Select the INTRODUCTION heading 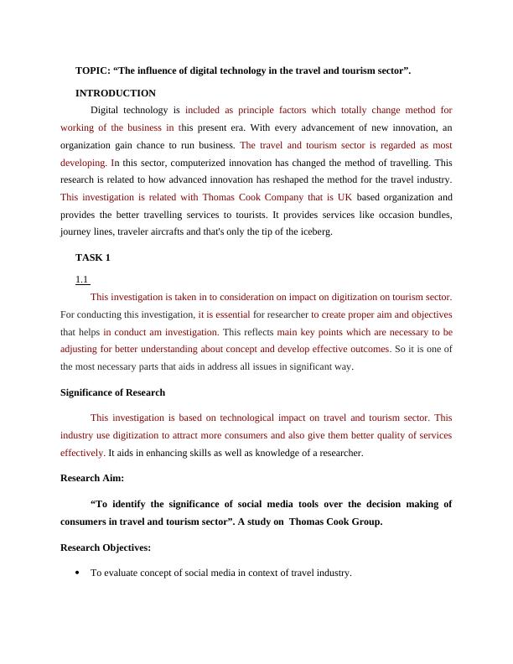pos(116,93)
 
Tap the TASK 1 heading pos(93,257)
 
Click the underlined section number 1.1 pos(82,280)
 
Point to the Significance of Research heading pos(113,392)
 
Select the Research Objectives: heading pos(106,547)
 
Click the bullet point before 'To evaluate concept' pos(77,573)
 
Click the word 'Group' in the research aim pos(365,521)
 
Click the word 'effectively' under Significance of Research pos(82,453)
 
